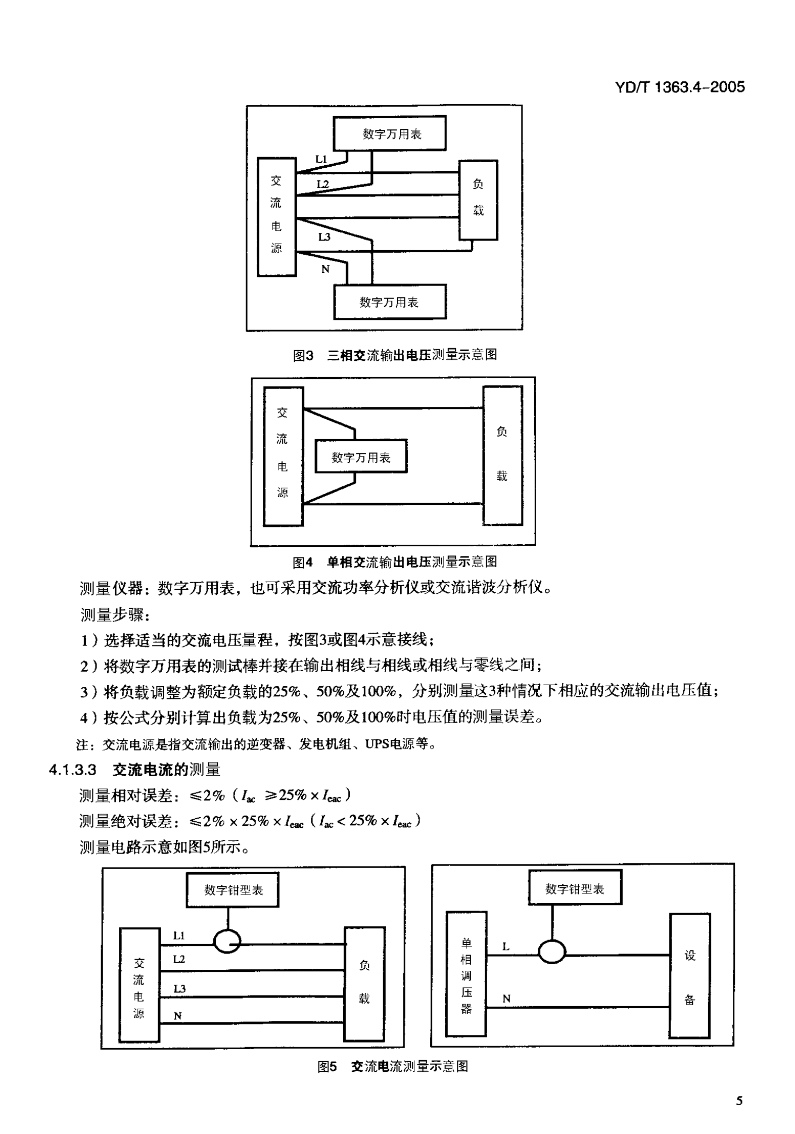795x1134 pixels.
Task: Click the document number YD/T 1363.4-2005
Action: [680, 87]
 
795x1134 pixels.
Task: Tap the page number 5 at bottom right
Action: [739, 1101]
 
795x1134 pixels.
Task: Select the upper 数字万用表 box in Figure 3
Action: [390, 133]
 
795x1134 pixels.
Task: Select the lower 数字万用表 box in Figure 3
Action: [390, 302]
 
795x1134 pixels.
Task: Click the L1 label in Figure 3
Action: [321, 159]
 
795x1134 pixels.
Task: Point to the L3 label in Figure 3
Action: [324, 237]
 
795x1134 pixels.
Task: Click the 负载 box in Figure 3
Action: [478, 200]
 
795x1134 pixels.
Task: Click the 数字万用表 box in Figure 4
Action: [361, 457]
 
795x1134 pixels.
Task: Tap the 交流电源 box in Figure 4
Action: [283, 456]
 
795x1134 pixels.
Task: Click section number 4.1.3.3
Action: [72, 770]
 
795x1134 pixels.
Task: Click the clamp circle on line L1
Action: [227, 941]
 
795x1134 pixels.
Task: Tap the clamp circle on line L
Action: [552, 953]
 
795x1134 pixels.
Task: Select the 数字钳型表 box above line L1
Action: [233, 890]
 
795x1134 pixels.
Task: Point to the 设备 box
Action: [690, 976]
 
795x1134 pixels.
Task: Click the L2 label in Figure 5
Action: [179, 959]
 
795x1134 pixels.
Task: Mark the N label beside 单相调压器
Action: [506, 999]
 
